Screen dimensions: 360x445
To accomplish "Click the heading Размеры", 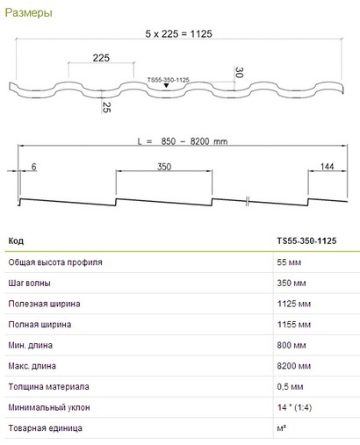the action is (x=29, y=13).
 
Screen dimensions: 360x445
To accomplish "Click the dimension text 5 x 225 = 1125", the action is (x=178, y=34).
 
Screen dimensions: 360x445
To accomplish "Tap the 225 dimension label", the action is (x=101, y=58).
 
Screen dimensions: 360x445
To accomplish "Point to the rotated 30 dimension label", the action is (x=239, y=72).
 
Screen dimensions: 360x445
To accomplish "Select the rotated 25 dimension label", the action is (x=106, y=108).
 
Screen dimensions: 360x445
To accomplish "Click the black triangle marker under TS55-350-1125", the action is (x=166, y=85).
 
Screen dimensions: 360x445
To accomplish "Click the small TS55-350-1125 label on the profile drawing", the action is (x=169, y=80).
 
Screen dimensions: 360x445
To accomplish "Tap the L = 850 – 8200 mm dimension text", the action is (x=183, y=141).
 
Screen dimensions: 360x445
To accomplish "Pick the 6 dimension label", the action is (x=33, y=167).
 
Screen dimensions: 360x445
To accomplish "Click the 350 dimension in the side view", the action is (x=164, y=167).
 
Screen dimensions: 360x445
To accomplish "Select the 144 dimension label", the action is (x=327, y=167).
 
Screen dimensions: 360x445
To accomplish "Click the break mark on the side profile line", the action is (x=248, y=201).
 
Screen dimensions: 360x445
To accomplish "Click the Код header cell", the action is (x=16, y=241).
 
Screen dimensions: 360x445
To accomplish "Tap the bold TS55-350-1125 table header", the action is (x=306, y=241).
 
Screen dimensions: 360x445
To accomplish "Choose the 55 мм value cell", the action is (x=289, y=262).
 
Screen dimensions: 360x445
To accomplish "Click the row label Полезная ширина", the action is (x=44, y=304).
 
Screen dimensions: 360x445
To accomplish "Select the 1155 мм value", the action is (x=294, y=325).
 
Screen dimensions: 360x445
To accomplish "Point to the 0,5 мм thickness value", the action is (x=290, y=387).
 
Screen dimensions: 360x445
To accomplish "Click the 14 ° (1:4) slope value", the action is (x=294, y=407).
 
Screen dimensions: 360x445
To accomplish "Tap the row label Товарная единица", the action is (x=45, y=428).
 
